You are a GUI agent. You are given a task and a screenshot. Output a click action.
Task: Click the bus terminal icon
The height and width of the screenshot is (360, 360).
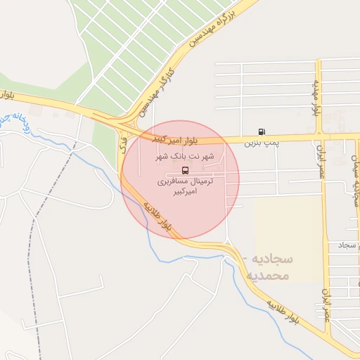point(185,170)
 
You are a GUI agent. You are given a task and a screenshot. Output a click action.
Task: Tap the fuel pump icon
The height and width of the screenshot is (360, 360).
point(262,131)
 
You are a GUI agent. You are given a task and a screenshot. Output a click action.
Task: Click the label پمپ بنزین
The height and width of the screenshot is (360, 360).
point(262,143)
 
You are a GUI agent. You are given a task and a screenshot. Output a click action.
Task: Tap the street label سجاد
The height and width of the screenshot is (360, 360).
point(348,245)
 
